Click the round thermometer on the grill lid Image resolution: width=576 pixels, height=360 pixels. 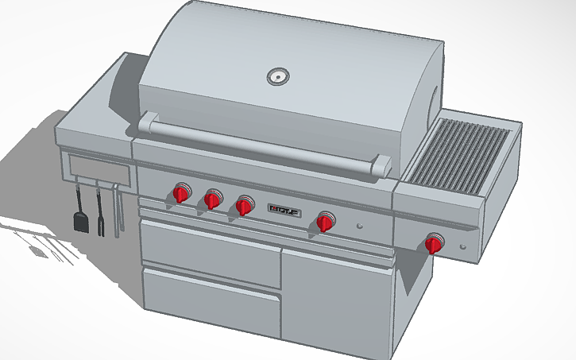pos(276,77)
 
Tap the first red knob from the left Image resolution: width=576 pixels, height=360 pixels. pos(182,194)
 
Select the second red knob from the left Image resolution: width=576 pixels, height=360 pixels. pos(212,199)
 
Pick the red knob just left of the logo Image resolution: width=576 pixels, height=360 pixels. pos(245,207)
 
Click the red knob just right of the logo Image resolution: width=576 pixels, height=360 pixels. pos(325,223)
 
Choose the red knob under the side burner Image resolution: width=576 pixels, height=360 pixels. pos(434,244)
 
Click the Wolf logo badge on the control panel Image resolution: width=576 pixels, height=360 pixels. pos(284,211)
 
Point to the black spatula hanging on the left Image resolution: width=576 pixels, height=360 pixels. pos(81,217)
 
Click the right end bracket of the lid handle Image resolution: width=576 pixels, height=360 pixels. pos(381,167)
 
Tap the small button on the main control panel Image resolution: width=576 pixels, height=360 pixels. pos(361,226)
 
